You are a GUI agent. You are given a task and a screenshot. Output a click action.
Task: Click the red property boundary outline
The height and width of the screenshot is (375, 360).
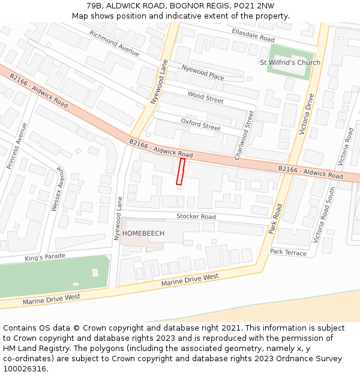[x=180, y=172]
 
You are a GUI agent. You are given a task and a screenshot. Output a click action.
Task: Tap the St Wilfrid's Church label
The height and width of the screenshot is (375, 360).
[x=290, y=62]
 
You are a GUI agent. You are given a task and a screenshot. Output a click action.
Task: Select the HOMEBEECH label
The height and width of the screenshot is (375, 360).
[x=143, y=233]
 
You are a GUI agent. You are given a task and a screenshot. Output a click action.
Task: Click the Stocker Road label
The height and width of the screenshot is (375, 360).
[x=196, y=216]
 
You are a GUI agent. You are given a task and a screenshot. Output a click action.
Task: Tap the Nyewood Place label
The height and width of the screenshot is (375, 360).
[x=203, y=73]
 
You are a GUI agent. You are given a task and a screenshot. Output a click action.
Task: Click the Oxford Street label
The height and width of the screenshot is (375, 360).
[x=200, y=124]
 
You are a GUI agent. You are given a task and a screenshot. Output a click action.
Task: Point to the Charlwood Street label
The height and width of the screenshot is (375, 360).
[x=245, y=135]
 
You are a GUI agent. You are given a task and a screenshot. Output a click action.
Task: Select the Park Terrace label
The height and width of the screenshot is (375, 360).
[x=288, y=253]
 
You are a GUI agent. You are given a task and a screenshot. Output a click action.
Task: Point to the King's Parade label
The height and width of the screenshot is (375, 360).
[x=45, y=257]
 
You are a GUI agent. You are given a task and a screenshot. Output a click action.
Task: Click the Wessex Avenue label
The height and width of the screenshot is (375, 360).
[x=55, y=188]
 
